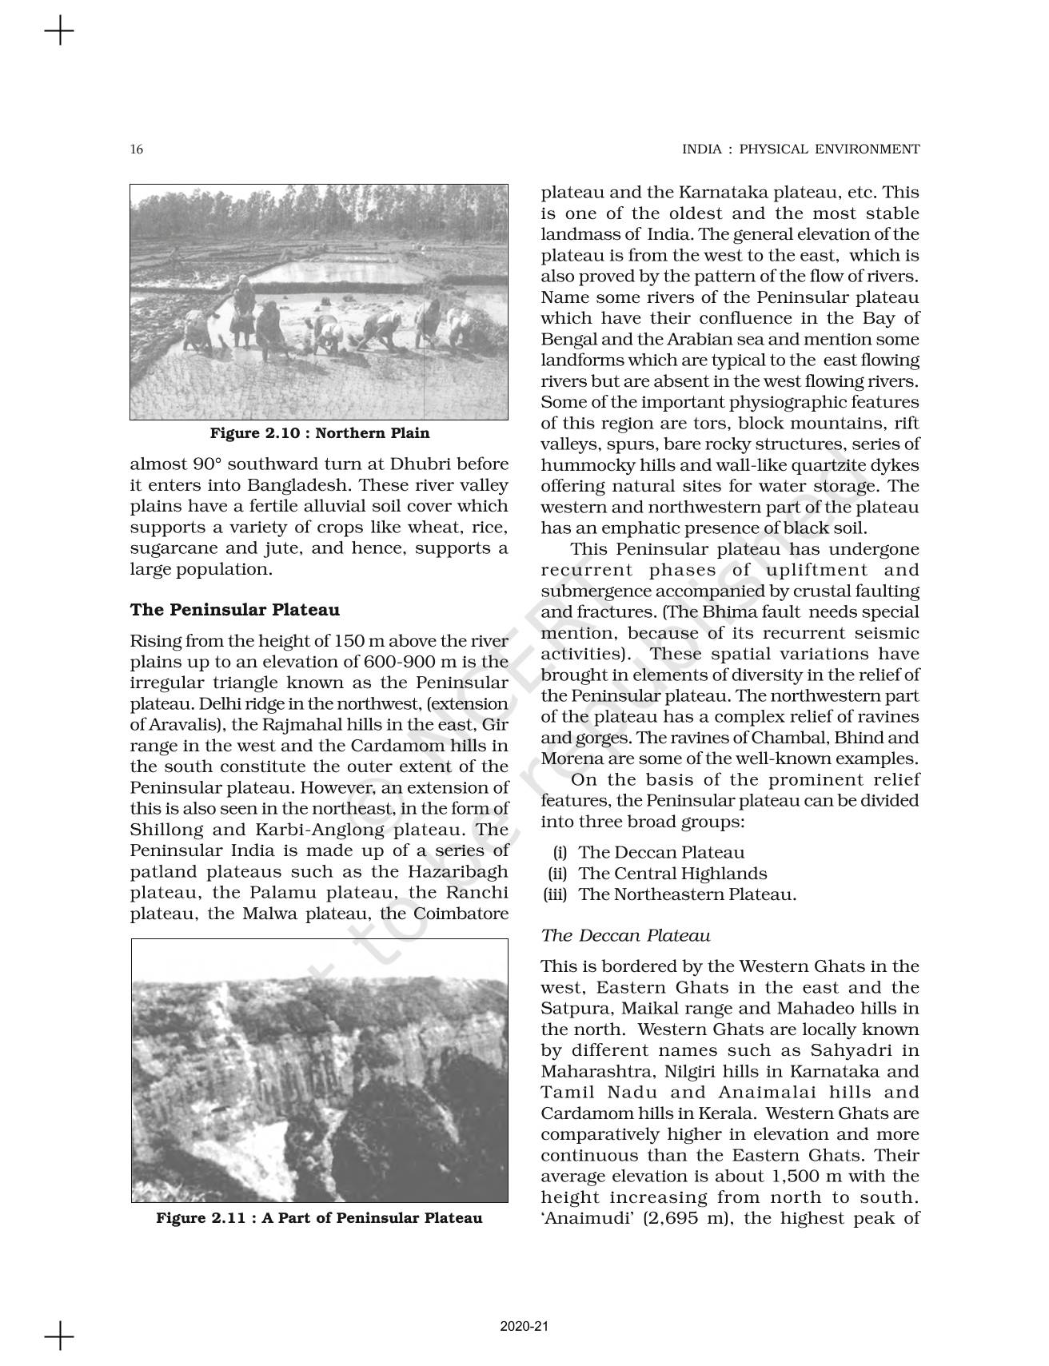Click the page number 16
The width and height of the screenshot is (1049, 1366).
pyautogui.click(x=137, y=149)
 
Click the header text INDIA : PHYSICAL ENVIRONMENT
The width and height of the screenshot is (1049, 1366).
pyautogui.click(x=800, y=149)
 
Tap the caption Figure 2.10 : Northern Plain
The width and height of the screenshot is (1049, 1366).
pyautogui.click(x=319, y=433)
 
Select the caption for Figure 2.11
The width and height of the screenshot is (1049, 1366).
pyautogui.click(x=319, y=1218)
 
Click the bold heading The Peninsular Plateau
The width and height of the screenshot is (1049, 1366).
pyautogui.click(x=234, y=610)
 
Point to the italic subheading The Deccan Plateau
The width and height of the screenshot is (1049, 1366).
pyautogui.click(x=625, y=935)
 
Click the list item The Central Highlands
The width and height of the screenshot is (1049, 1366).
pyautogui.click(x=672, y=874)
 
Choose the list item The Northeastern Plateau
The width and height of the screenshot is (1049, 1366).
pyautogui.click(x=688, y=894)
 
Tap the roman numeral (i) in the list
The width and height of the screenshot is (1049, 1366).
pyautogui.click(x=560, y=853)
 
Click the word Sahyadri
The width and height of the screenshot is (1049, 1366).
pyautogui.click(x=882, y=1050)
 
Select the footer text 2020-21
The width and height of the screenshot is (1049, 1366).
pyautogui.click(x=524, y=1326)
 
